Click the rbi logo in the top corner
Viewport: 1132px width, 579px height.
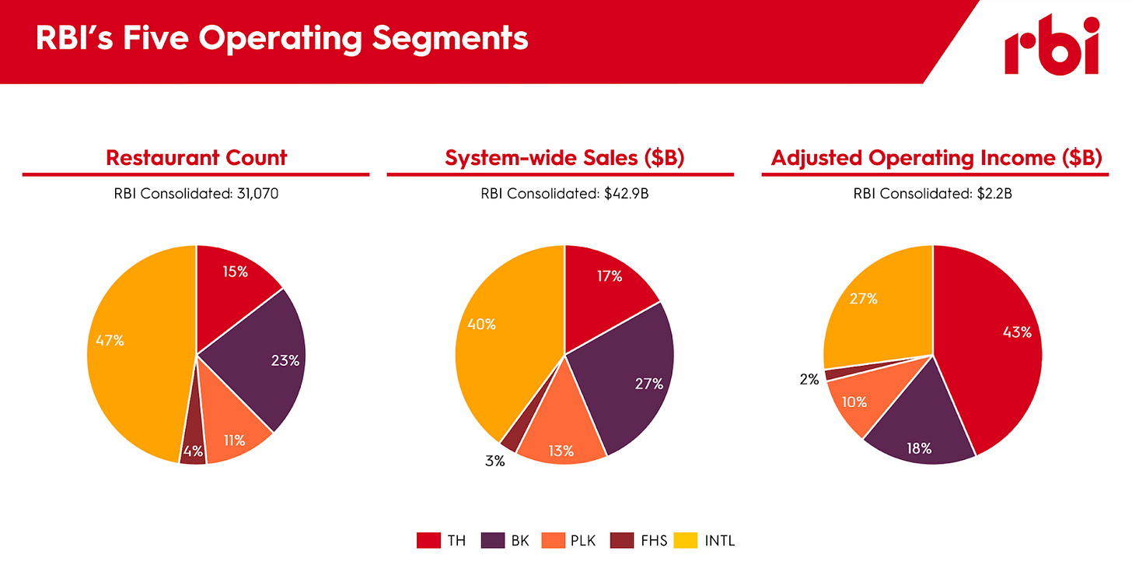(1051, 44)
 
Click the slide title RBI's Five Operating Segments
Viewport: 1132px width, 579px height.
(281, 38)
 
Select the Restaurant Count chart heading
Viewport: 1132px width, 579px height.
(196, 157)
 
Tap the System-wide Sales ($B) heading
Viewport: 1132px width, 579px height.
(564, 157)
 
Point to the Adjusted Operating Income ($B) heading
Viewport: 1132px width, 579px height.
(936, 157)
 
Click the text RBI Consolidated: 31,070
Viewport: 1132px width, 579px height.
(196, 194)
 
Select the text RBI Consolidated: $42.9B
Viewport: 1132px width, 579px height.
(564, 194)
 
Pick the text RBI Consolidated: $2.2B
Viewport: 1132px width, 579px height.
(932, 194)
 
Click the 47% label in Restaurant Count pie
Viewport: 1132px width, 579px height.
(110, 340)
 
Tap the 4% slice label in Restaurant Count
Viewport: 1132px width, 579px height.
(193, 450)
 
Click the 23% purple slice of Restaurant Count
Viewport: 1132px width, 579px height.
(285, 361)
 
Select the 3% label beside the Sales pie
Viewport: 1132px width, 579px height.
(494, 461)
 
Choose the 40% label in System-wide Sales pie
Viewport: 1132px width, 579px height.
(481, 325)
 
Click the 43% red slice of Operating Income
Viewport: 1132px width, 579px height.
(1017, 332)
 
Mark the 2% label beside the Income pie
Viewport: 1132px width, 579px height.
(809, 379)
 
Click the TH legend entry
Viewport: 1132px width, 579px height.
(442, 541)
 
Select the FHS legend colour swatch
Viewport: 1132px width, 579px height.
(621, 541)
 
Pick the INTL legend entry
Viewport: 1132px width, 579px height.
(704, 541)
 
